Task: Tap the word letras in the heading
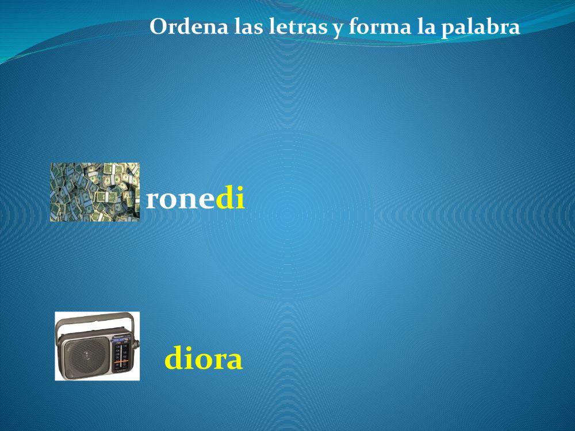click(x=298, y=27)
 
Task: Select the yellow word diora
click(x=204, y=359)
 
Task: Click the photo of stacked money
click(x=95, y=192)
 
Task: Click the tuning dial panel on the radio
click(x=121, y=356)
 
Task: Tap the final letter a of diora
click(x=233, y=360)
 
